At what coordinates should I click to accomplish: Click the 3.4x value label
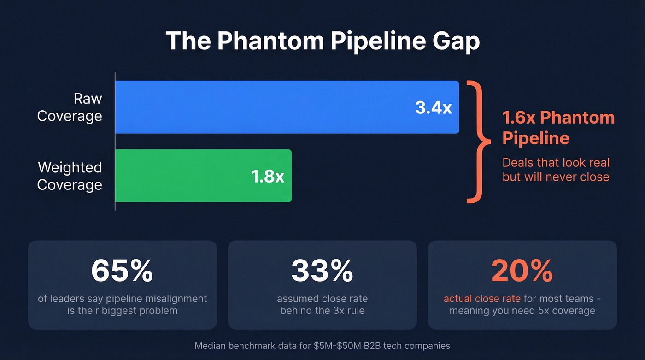click(433, 107)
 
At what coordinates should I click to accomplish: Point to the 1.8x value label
click(268, 176)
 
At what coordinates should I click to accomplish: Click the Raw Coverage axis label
click(70, 107)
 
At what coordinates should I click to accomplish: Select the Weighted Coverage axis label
click(70, 176)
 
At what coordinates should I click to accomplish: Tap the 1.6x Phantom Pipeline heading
click(558, 128)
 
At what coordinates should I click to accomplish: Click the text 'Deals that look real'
click(556, 163)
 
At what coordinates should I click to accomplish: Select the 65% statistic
click(122, 271)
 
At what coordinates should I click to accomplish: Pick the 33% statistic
click(322, 271)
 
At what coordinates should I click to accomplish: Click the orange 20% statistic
click(522, 271)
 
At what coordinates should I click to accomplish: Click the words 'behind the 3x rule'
click(322, 311)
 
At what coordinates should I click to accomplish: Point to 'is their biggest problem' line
click(122, 311)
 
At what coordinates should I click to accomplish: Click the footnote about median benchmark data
click(322, 346)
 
